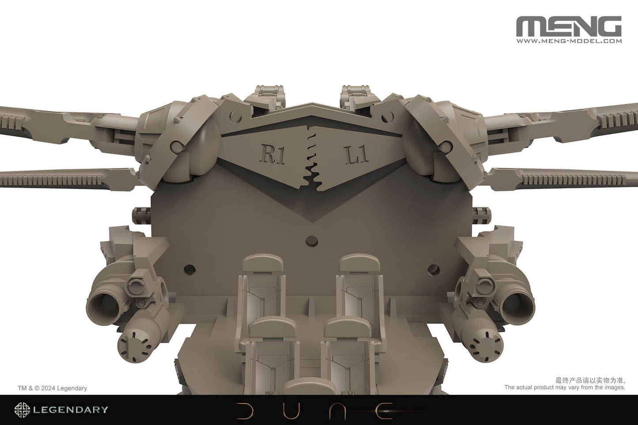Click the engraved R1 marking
[273, 155]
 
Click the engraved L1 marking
[356, 155]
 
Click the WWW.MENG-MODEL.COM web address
[569, 41]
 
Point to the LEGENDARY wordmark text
[71, 410]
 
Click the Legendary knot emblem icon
[22, 410]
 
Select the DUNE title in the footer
[315, 410]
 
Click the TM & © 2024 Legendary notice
[52, 388]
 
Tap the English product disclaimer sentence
[565, 387]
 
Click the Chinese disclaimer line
[590, 380]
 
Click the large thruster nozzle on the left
[103, 305]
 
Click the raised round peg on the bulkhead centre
[312, 240]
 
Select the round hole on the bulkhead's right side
[433, 268]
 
